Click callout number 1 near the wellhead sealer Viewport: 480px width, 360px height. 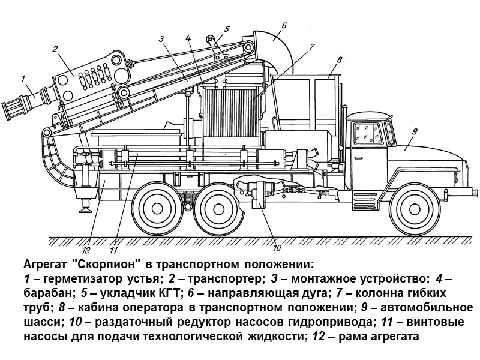pos(22,77)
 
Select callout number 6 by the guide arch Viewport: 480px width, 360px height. pos(284,25)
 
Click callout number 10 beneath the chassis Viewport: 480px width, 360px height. pos(277,247)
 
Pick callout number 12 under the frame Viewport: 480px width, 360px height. pos(86,250)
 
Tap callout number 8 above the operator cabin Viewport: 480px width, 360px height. pos(340,59)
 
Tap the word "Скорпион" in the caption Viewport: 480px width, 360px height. pos(99,265)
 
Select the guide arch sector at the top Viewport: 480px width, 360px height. pos(273,42)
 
